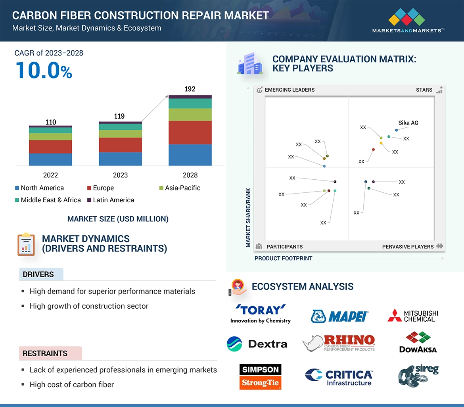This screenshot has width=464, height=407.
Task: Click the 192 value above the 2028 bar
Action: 190,89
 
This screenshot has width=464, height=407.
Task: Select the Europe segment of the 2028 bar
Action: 190,132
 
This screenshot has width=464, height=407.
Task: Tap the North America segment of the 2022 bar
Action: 50,159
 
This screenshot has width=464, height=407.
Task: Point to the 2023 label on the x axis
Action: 120,175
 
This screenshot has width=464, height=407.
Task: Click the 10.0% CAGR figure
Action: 44,70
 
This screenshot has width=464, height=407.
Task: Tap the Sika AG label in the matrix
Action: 408,123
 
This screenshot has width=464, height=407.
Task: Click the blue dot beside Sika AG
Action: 397,130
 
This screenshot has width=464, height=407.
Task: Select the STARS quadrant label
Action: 424,90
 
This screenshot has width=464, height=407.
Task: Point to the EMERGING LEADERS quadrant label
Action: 290,90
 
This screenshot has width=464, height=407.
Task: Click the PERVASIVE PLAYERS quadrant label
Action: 408,247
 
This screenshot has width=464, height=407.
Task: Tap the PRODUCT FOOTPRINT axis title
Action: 283,258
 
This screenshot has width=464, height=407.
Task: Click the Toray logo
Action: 260,314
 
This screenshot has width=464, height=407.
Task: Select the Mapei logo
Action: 340,316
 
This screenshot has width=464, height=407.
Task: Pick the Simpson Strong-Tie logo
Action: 260,376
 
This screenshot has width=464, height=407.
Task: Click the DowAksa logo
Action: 418,342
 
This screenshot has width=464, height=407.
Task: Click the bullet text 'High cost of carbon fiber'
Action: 71,384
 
